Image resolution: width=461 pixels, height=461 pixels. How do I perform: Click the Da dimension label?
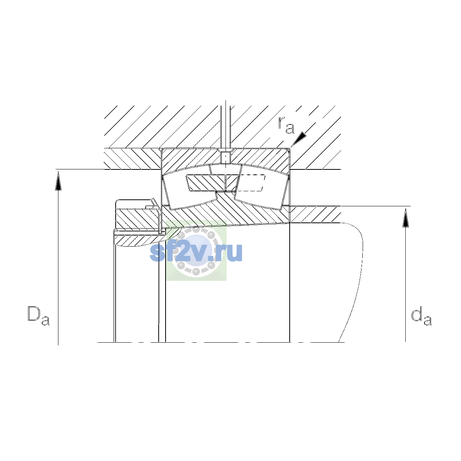pyautogui.click(x=39, y=315)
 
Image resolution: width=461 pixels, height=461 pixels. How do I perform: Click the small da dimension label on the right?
pyautogui.click(x=421, y=317)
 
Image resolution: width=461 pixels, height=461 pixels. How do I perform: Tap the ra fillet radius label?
pyautogui.click(x=286, y=125)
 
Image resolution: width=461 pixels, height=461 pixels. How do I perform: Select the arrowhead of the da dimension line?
pyautogui.click(x=405, y=218)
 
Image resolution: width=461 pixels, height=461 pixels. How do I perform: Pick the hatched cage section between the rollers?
pyautogui.click(x=212, y=183)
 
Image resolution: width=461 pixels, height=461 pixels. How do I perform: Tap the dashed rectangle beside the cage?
pyautogui.click(x=251, y=183)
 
